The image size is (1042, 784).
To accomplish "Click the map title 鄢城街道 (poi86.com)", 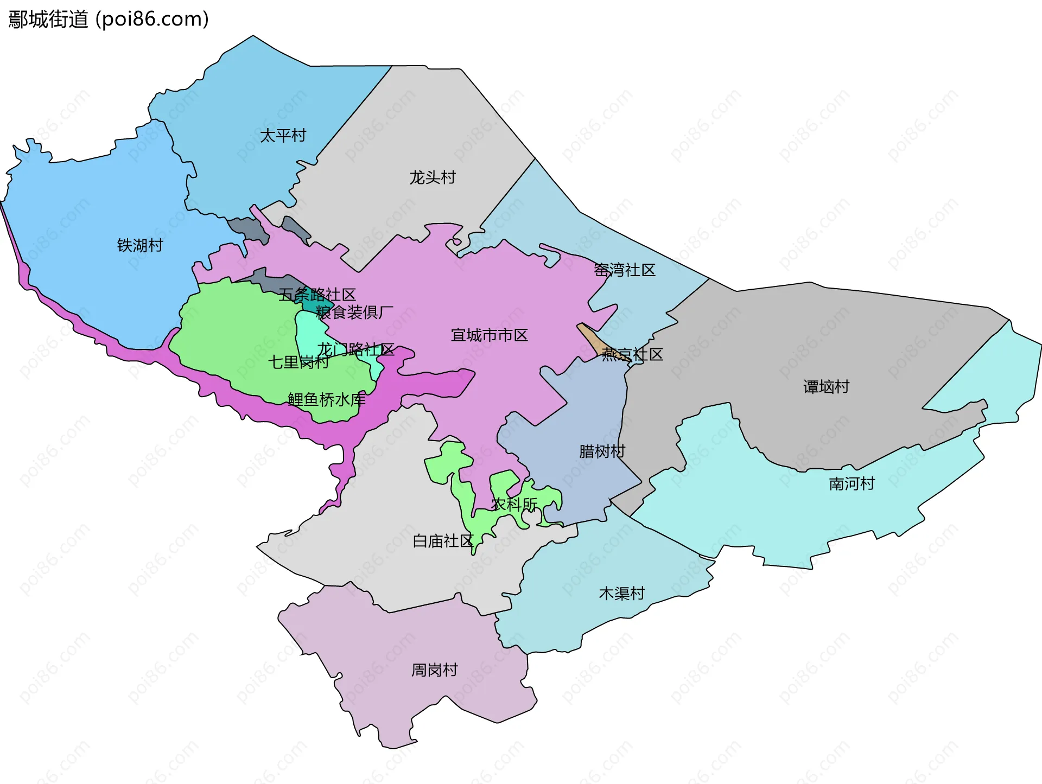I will (x=109, y=20).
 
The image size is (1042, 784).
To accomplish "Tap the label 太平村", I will (x=283, y=135).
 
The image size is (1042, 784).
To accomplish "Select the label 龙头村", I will (x=432, y=177).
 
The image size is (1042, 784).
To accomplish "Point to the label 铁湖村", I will (x=140, y=245).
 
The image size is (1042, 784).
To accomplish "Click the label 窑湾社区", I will (x=624, y=270).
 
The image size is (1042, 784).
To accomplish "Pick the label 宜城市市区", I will (x=489, y=335).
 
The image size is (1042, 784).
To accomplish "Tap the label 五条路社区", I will (x=317, y=295).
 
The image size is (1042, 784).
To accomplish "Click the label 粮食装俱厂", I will (x=354, y=312).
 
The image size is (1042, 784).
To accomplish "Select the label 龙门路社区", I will (x=355, y=349).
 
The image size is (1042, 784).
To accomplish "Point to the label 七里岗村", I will (x=298, y=362).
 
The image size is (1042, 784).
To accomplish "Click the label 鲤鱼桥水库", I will (x=326, y=400).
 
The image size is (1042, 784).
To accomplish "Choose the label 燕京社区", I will (x=632, y=354).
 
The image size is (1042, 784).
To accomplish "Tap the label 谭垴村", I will (x=826, y=387).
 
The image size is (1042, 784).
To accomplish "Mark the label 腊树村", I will (x=602, y=451).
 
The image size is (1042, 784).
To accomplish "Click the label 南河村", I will (x=852, y=483).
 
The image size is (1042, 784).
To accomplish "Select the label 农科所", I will (x=514, y=504).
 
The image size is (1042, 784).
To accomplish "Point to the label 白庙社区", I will (x=443, y=541).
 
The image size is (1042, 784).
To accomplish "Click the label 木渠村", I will (x=621, y=593).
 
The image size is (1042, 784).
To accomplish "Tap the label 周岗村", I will (x=434, y=670).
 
